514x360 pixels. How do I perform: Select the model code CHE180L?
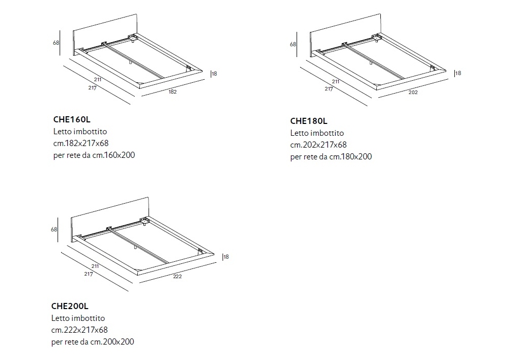point(308,121)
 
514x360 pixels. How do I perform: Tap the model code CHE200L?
point(71,307)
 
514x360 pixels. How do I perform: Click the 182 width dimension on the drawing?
point(173,92)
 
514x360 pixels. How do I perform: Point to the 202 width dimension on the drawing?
point(413,93)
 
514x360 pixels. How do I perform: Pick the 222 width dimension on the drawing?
point(178,276)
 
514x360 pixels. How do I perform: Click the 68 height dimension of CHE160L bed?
point(56,43)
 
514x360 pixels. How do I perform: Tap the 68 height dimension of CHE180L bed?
point(293,44)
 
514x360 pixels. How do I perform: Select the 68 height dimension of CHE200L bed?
point(54,229)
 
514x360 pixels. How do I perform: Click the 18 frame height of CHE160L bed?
point(214,74)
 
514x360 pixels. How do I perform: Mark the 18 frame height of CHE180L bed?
point(458,73)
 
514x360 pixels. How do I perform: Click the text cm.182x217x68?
point(81,143)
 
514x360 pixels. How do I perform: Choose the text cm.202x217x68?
point(318,145)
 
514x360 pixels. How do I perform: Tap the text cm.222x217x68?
point(80,330)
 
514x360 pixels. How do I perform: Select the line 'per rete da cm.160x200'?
point(94,154)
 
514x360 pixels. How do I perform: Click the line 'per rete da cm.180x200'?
point(331,156)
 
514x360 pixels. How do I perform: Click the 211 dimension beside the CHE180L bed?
point(336,82)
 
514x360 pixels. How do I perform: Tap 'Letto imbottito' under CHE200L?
point(78,318)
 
